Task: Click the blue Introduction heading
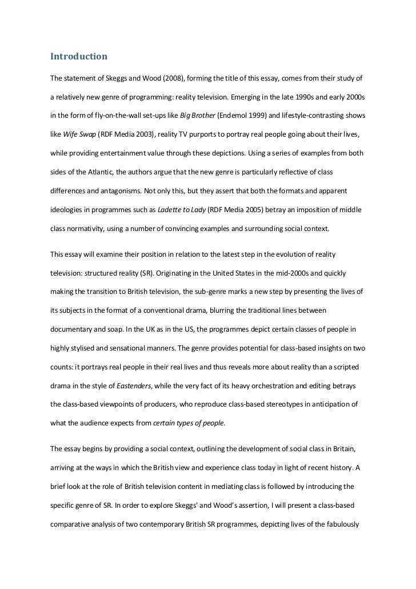click(79, 57)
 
